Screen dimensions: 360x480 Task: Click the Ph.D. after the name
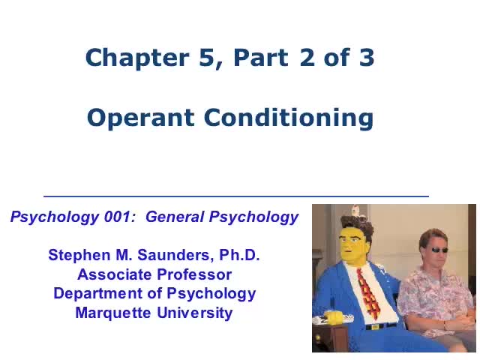click(238, 255)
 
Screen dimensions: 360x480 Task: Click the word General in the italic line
click(175, 217)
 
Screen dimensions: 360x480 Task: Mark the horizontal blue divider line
click(236, 196)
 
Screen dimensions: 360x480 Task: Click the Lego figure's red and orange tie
click(367, 289)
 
